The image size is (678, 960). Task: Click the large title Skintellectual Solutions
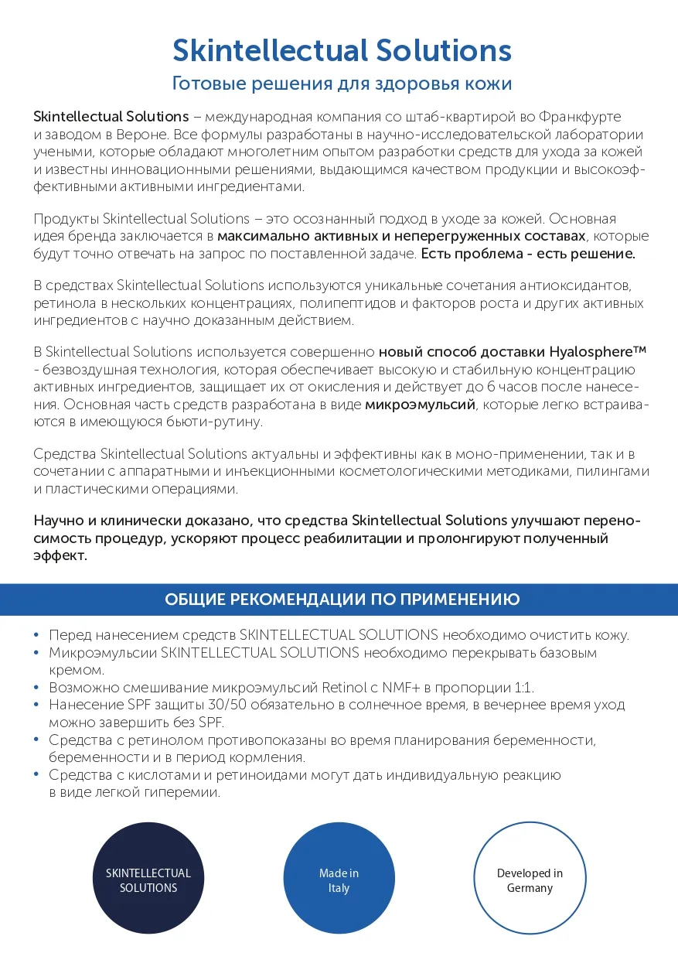[x=341, y=51]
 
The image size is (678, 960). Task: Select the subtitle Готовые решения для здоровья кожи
[x=341, y=84]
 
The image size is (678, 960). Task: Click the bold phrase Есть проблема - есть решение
[x=528, y=253]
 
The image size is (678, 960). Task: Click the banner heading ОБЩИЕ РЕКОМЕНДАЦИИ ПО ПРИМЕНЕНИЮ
[x=342, y=600]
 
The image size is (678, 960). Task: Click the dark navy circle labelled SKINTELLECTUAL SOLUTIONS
[x=148, y=880]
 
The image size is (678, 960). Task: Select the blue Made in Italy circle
[x=339, y=880]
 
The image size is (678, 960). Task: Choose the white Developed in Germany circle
[x=530, y=880]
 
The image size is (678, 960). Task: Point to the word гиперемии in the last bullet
[x=185, y=793]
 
